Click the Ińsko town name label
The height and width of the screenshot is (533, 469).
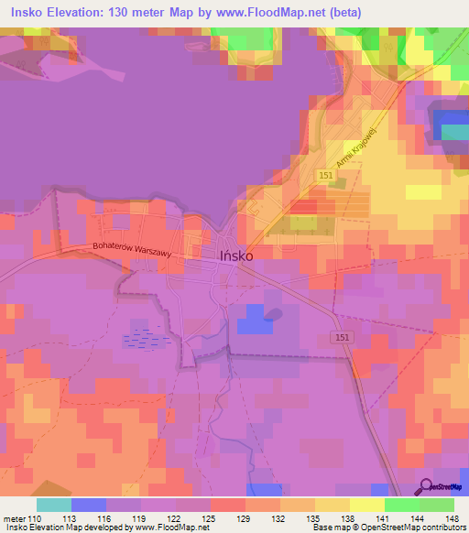[236, 256]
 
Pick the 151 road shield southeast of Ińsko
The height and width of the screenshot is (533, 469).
[340, 338]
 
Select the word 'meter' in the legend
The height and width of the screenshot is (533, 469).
[12, 517]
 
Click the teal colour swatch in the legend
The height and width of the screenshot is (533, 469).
[54, 504]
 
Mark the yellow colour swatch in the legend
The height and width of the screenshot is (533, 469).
[367, 504]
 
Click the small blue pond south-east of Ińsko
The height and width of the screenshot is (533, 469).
[273, 315]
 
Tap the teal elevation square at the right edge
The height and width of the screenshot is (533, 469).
[454, 131]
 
